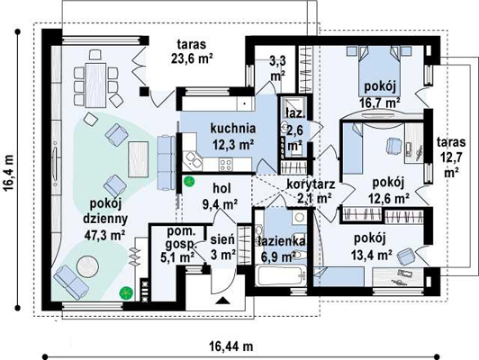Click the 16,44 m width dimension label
[230, 346]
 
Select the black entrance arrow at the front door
[222, 301]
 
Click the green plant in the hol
[189, 182]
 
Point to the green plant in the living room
[126, 293]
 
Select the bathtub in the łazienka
[281, 275]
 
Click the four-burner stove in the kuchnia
[225, 166]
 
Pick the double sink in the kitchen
[193, 159]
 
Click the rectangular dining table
[95, 85]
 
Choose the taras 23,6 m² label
[192, 51]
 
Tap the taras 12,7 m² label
[451, 157]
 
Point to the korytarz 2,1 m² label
[311, 192]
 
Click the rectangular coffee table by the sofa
[139, 159]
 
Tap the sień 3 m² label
[222, 247]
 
